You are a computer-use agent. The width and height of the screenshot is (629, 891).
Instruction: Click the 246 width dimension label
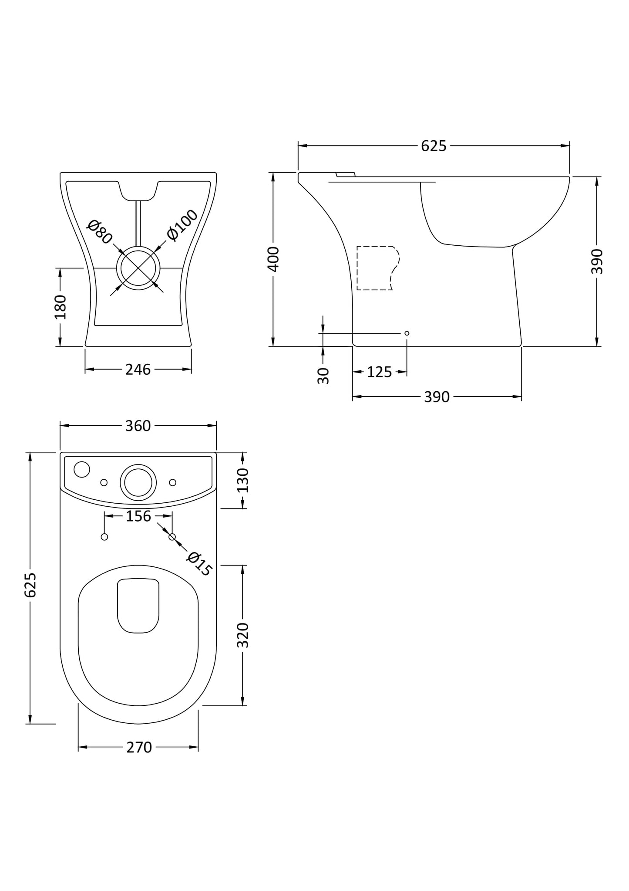[138, 369]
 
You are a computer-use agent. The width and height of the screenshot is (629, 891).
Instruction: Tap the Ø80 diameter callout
[100, 232]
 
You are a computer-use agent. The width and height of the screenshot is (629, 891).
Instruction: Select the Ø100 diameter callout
[182, 225]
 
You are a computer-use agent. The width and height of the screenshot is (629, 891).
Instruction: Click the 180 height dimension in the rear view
[61, 307]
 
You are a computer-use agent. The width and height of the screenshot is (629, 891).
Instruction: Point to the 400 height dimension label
[273, 259]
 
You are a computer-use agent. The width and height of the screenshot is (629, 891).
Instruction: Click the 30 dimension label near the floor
[323, 375]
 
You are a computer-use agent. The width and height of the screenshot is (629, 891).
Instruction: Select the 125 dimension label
[379, 372]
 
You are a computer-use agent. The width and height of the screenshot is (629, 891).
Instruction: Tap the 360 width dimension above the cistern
[138, 426]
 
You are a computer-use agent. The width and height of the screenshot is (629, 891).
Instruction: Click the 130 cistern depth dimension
[243, 480]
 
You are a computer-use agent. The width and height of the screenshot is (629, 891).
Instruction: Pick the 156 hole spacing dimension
[138, 516]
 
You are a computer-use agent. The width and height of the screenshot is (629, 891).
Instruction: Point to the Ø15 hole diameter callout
[199, 563]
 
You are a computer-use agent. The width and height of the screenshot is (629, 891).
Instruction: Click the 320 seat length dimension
[243, 635]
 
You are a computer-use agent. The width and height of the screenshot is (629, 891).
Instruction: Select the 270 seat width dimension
[139, 748]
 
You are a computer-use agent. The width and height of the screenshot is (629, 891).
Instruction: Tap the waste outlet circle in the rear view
[138, 268]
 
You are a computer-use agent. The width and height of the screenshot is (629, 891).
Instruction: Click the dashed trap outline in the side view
[377, 268]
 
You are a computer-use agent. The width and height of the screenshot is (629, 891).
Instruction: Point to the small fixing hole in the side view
[407, 333]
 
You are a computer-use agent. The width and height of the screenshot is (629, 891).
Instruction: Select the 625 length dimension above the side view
[434, 146]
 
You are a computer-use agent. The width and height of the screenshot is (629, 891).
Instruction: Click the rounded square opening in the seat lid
[138, 606]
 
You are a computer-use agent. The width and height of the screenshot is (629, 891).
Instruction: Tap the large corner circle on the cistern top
[82, 469]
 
